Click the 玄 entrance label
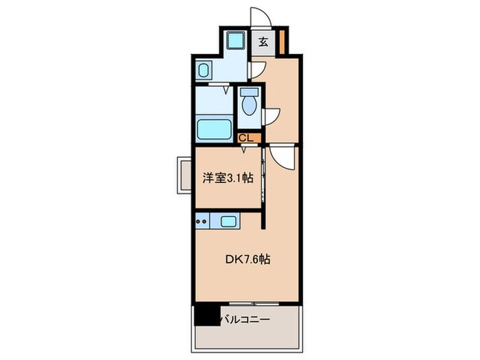tap(263, 42)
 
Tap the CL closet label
tap(246, 138)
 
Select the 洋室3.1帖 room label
tap(228, 178)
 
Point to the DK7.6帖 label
tap(248, 260)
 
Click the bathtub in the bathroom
tap(214, 129)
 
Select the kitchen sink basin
tap(228, 221)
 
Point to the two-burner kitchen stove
tap(202, 221)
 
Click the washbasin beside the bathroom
tap(204, 70)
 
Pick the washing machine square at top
tap(237, 40)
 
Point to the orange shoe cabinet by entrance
tap(283, 42)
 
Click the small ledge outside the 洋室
tap(184, 175)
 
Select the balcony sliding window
tap(254, 304)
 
